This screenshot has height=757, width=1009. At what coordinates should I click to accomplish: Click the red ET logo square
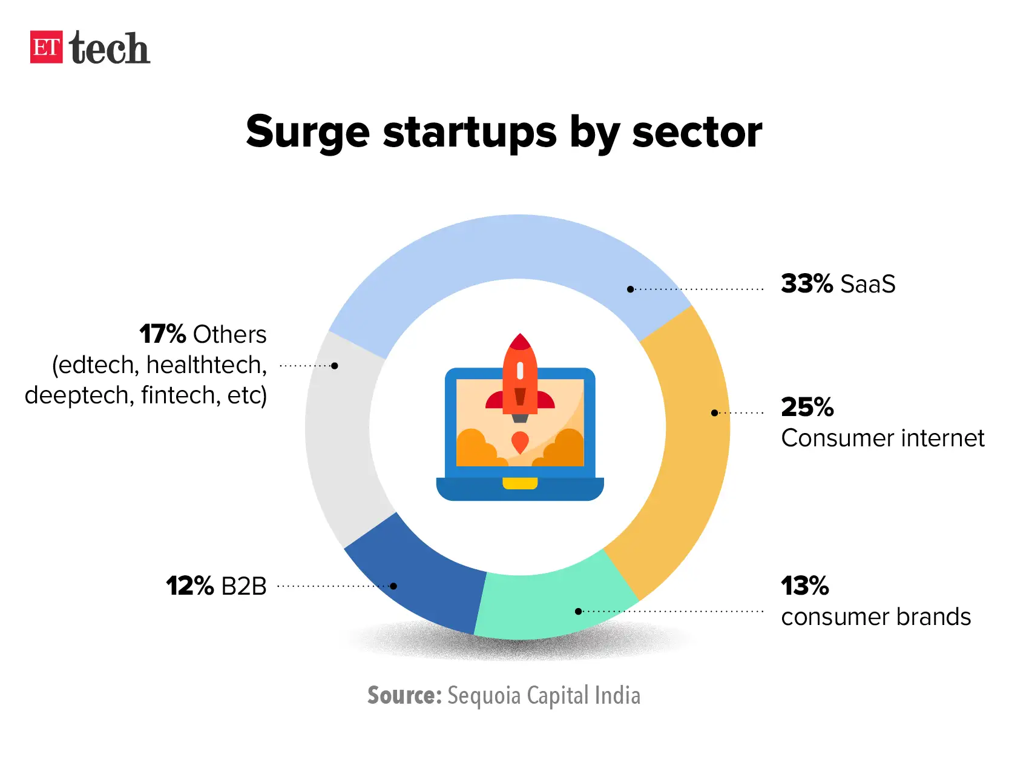click(x=46, y=47)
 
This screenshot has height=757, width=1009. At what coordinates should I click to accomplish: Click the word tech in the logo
click(x=110, y=48)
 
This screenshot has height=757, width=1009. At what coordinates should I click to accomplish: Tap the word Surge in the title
click(x=307, y=132)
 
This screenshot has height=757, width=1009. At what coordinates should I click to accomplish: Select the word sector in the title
click(x=697, y=132)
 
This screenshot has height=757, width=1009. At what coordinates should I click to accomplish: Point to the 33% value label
click(x=807, y=283)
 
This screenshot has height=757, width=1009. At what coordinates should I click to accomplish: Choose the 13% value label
click(x=805, y=586)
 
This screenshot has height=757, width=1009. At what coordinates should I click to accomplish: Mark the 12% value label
click(x=190, y=586)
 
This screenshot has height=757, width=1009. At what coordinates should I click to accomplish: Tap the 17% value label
click(x=163, y=334)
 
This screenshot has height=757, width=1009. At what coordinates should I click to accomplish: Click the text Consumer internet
click(x=882, y=438)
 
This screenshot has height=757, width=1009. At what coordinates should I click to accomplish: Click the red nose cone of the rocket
click(x=520, y=342)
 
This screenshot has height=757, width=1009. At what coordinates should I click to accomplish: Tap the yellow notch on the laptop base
click(x=520, y=483)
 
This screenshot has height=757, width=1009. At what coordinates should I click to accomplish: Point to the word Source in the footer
click(x=404, y=695)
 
